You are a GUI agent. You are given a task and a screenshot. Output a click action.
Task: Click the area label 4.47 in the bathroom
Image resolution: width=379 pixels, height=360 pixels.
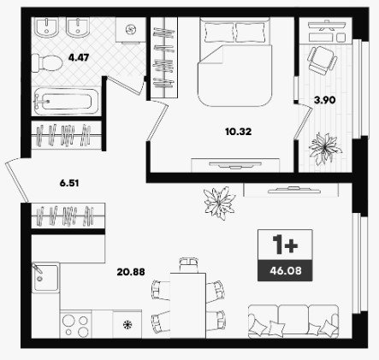coord(79,57)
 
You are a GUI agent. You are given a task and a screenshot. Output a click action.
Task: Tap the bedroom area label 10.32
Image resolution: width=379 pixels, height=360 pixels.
coord(238,132)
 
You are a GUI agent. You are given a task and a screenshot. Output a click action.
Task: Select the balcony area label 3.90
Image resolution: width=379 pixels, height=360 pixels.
coord(325,100)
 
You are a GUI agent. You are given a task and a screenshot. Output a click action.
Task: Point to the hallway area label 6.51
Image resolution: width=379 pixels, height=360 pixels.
coord(69,183)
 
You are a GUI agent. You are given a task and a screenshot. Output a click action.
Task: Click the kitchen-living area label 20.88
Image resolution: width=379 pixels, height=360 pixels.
coord(131,272)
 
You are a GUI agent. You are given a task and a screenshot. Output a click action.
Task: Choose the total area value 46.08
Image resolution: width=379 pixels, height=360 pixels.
coord(286,270)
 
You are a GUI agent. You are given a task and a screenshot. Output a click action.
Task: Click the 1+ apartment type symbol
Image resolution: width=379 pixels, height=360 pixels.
coord(285,245)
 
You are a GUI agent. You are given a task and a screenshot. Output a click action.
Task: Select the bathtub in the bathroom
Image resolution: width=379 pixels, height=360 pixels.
coord(66,102)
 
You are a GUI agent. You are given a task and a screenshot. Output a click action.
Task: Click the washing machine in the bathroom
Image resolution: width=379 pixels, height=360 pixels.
coord(131,30)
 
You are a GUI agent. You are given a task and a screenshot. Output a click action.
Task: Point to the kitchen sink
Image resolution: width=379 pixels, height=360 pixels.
coord(45,277)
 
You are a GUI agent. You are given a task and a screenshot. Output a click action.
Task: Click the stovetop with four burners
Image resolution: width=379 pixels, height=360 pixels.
coord(76,324)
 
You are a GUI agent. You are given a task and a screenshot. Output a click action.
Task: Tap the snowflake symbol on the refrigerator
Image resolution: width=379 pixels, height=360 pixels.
coord(127,324)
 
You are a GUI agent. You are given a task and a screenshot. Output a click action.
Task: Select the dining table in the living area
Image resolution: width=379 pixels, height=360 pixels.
coord(188,305)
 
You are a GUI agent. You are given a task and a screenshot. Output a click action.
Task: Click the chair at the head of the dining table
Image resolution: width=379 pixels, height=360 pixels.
coord(189,265)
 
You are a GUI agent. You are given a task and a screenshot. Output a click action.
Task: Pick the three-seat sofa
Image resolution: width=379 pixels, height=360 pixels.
coord(293,322)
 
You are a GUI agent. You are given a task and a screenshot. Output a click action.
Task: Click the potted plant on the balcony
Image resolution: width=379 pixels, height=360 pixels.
coord(325,148)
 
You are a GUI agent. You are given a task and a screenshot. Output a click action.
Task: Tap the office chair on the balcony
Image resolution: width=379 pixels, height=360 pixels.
coord(322,61)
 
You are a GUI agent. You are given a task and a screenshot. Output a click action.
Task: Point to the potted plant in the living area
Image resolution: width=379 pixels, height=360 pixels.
coord(219,203)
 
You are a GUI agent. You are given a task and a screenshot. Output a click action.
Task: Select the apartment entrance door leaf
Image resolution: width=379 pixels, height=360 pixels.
coord(17,180)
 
